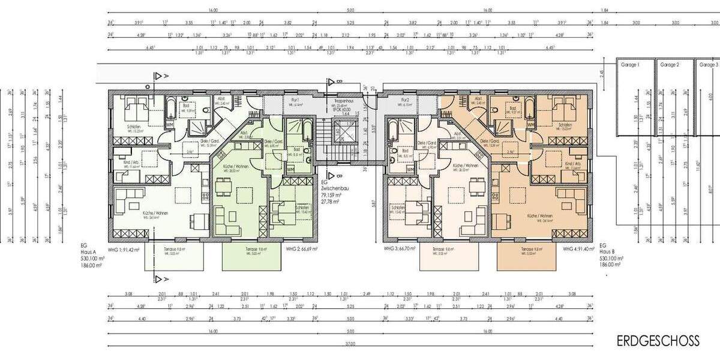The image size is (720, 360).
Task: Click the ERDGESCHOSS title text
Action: (658, 341)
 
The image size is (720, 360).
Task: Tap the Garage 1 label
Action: (631, 64)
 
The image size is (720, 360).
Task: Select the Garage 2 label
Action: (669, 64)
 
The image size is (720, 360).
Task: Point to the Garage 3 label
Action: (709, 64)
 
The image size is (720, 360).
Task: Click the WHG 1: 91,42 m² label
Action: (123, 248)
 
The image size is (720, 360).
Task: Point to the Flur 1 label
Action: (295, 100)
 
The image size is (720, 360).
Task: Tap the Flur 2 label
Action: (406, 100)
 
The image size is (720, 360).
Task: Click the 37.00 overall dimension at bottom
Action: (350, 344)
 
